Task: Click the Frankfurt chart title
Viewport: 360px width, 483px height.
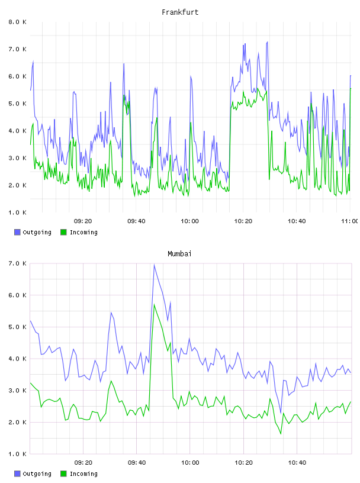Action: click(x=180, y=12)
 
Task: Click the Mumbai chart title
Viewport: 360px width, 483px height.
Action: click(x=179, y=254)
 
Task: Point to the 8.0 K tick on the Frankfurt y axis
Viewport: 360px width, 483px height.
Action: click(x=18, y=22)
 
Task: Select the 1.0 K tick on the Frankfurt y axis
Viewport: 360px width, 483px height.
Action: click(x=18, y=212)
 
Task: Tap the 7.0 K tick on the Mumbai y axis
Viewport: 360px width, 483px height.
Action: click(x=18, y=263)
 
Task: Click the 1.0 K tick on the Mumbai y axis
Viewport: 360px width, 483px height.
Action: click(x=18, y=454)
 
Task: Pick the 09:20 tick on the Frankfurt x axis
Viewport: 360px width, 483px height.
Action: click(x=83, y=221)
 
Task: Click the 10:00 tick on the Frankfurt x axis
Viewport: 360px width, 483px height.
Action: click(x=190, y=221)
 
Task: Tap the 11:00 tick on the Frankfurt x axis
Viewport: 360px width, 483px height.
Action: click(x=351, y=221)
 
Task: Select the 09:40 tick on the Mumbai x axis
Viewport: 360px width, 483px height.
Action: click(x=137, y=463)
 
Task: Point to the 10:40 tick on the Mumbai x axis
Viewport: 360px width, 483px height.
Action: click(x=297, y=463)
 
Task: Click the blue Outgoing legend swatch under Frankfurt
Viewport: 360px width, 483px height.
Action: click(x=17, y=232)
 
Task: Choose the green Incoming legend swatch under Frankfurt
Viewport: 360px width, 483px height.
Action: click(x=63, y=232)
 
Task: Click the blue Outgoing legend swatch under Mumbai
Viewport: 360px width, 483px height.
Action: click(x=17, y=474)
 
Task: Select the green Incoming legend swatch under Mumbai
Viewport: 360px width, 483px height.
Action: click(x=63, y=474)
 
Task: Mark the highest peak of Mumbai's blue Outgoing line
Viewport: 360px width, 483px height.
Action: click(x=154, y=265)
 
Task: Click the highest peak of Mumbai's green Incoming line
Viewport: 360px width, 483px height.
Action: click(x=154, y=304)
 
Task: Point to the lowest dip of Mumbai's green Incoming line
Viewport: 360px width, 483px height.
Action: click(x=281, y=434)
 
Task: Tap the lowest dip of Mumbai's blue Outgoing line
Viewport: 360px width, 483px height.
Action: click(x=281, y=413)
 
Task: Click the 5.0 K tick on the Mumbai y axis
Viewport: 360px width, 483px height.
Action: click(x=18, y=327)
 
